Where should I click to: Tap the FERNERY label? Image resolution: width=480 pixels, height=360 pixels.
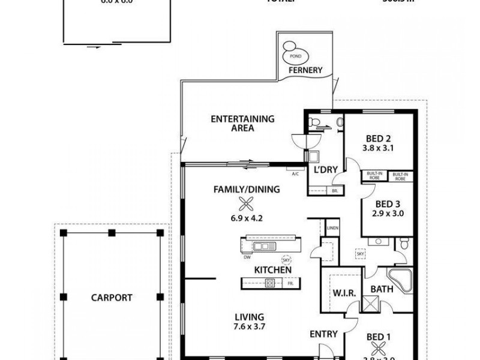[x=305, y=70]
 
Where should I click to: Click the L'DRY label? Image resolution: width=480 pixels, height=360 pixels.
[x=326, y=170]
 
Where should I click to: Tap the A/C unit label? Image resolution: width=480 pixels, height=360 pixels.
[x=295, y=175]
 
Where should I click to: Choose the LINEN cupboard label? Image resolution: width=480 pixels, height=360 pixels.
[x=332, y=228]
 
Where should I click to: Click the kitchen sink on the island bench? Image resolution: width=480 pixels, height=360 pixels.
[x=263, y=246]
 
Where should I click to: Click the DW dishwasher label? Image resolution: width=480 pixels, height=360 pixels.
[x=247, y=258]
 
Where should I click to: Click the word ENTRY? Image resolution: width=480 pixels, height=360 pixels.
[x=323, y=334]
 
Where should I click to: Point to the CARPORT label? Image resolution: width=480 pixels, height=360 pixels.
[x=112, y=297]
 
